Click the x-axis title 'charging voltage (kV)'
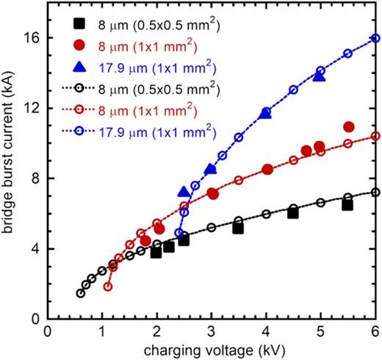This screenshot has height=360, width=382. pos(212,349)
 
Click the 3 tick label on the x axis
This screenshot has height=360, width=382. pos(212,330)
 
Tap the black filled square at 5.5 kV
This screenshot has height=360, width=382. pos(347,205)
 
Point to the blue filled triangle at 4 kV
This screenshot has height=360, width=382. pos(266,112)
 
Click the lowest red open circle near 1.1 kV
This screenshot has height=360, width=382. pos(109,287)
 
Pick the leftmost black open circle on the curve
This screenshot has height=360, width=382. pos(81,293)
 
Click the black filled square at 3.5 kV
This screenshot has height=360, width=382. pos(238,228)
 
